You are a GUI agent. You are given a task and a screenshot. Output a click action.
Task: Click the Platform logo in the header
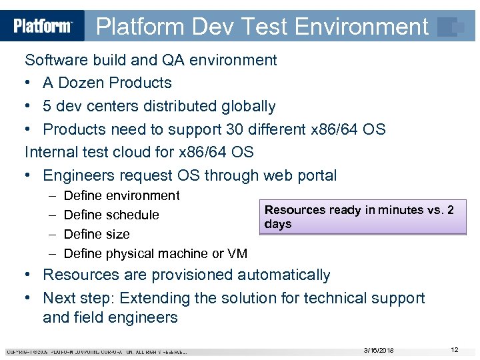pyautogui.click(x=43, y=26)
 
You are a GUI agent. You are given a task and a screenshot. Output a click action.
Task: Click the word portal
pyautogui.click(x=316, y=176)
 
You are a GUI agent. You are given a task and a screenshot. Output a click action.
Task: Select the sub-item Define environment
pyautogui.click(x=121, y=196)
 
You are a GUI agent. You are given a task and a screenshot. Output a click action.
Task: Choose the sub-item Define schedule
pyautogui.click(x=111, y=215)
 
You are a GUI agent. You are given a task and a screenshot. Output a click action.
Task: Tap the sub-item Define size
pyautogui.click(x=97, y=235)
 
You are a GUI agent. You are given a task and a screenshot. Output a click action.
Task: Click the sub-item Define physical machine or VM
pyautogui.click(x=155, y=254)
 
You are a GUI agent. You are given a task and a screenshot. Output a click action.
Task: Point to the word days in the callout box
pyautogui.click(x=278, y=224)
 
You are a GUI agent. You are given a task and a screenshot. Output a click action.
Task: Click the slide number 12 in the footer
pyautogui.click(x=454, y=350)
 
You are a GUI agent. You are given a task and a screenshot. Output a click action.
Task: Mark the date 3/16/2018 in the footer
pyautogui.click(x=379, y=351)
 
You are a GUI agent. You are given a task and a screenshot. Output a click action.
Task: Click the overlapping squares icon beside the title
pyautogui.click(x=449, y=27)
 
